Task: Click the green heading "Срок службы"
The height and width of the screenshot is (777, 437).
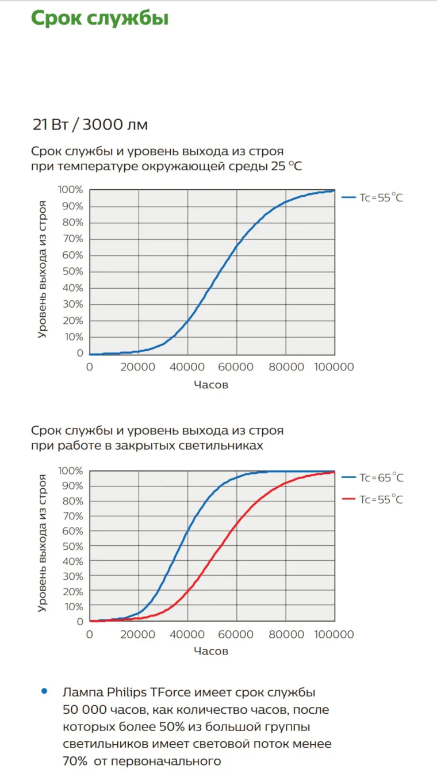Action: (x=99, y=18)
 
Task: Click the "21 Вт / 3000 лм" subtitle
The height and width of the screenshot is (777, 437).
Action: (x=90, y=124)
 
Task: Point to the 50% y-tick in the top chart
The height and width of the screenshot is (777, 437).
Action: (x=72, y=271)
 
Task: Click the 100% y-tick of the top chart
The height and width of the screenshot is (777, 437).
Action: (x=70, y=190)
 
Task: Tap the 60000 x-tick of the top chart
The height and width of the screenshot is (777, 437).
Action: (x=237, y=367)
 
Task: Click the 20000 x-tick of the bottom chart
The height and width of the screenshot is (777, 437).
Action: (x=139, y=634)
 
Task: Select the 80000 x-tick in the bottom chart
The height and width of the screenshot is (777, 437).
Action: (x=286, y=634)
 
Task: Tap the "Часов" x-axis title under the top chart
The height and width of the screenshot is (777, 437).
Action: (x=211, y=385)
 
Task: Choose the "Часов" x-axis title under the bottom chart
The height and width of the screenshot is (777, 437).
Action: (x=211, y=651)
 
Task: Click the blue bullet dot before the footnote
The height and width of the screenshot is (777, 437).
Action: (x=44, y=691)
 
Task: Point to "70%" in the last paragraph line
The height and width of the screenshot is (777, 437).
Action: (x=75, y=761)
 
